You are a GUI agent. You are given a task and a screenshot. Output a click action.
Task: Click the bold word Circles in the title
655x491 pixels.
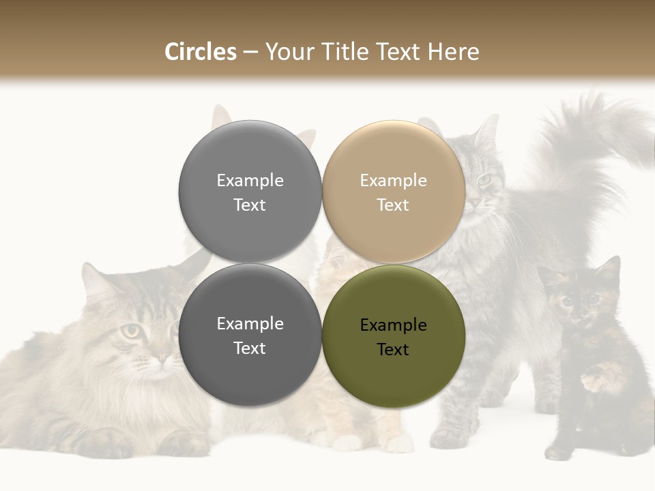pyautogui.click(x=201, y=52)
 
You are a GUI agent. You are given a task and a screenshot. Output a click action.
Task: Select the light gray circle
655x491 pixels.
pyautogui.click(x=250, y=192)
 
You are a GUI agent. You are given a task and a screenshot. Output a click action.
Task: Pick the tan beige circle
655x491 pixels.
pyautogui.click(x=394, y=192)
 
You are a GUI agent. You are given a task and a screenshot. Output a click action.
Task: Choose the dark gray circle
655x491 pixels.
pyautogui.click(x=250, y=335)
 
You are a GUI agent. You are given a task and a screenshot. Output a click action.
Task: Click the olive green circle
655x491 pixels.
pyautogui.click(x=394, y=336)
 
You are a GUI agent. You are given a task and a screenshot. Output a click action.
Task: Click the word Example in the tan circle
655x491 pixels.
pyautogui.click(x=393, y=180)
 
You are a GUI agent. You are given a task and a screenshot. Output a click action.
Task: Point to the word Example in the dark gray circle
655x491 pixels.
pyautogui.click(x=250, y=324)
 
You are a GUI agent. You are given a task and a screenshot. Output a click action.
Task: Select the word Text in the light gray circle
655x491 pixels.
pyautogui.click(x=250, y=205)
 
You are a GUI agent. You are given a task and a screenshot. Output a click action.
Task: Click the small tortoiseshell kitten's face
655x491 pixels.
pyautogui.click(x=580, y=300)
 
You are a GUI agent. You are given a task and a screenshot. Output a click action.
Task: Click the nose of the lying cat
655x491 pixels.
pyautogui.click(x=161, y=356)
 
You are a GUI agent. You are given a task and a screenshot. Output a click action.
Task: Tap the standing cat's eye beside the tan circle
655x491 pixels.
pyautogui.click(x=484, y=179)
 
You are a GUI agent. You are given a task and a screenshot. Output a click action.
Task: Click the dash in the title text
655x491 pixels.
pyautogui.click(x=250, y=52)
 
